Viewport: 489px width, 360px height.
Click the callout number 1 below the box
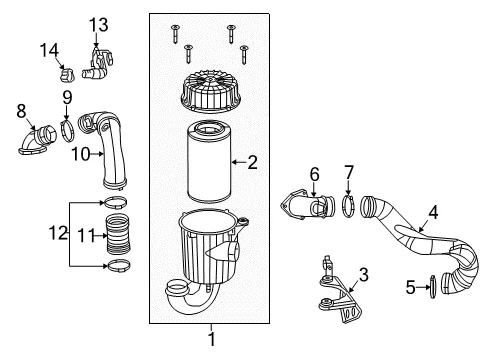[x=211, y=339]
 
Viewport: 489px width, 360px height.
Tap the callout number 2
[x=252, y=162]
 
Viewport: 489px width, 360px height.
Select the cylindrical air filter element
[x=209, y=162]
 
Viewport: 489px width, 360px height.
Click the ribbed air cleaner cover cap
[x=210, y=91]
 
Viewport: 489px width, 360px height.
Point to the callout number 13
[x=98, y=25]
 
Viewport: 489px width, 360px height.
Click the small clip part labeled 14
[x=66, y=74]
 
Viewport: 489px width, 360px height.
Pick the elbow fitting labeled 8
[x=37, y=140]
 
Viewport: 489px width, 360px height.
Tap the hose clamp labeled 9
[x=68, y=131]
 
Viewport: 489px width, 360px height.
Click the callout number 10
[x=81, y=154]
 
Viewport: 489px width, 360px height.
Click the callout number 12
[x=58, y=233]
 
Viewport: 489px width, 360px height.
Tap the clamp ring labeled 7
[x=349, y=207]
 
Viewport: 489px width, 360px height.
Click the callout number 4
[x=433, y=212]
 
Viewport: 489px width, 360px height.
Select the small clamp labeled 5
[x=433, y=287]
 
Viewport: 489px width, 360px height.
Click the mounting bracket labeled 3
[x=340, y=293]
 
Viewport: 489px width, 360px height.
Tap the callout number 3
[x=363, y=275]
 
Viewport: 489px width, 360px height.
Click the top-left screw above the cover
[x=175, y=34]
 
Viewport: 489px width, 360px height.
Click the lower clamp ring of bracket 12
[x=118, y=266]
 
